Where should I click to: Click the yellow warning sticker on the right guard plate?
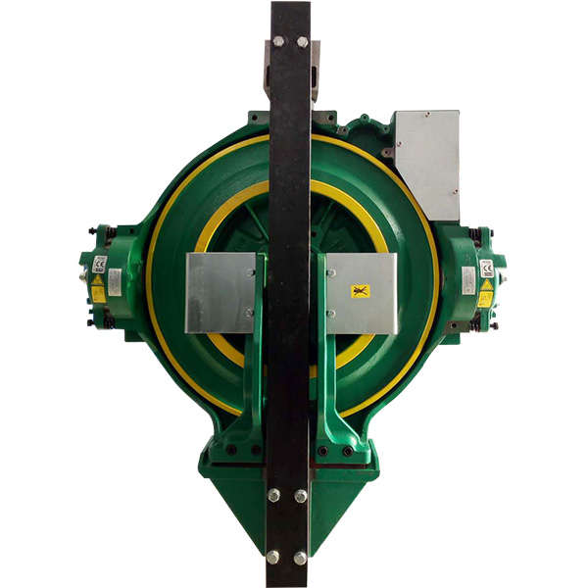point(360,291)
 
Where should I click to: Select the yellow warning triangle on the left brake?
point(98,292)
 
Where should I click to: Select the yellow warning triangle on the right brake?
point(485,294)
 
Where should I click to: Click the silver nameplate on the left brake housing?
point(115,282)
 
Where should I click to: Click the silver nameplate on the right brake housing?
point(468,281)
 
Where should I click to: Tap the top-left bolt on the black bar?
point(278,42)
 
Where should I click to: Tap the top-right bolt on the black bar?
point(302,42)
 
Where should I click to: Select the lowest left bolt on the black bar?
point(272,557)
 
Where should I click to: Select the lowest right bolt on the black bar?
point(300,557)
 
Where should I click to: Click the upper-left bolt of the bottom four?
point(273,495)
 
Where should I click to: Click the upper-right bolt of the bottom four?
point(301,496)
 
